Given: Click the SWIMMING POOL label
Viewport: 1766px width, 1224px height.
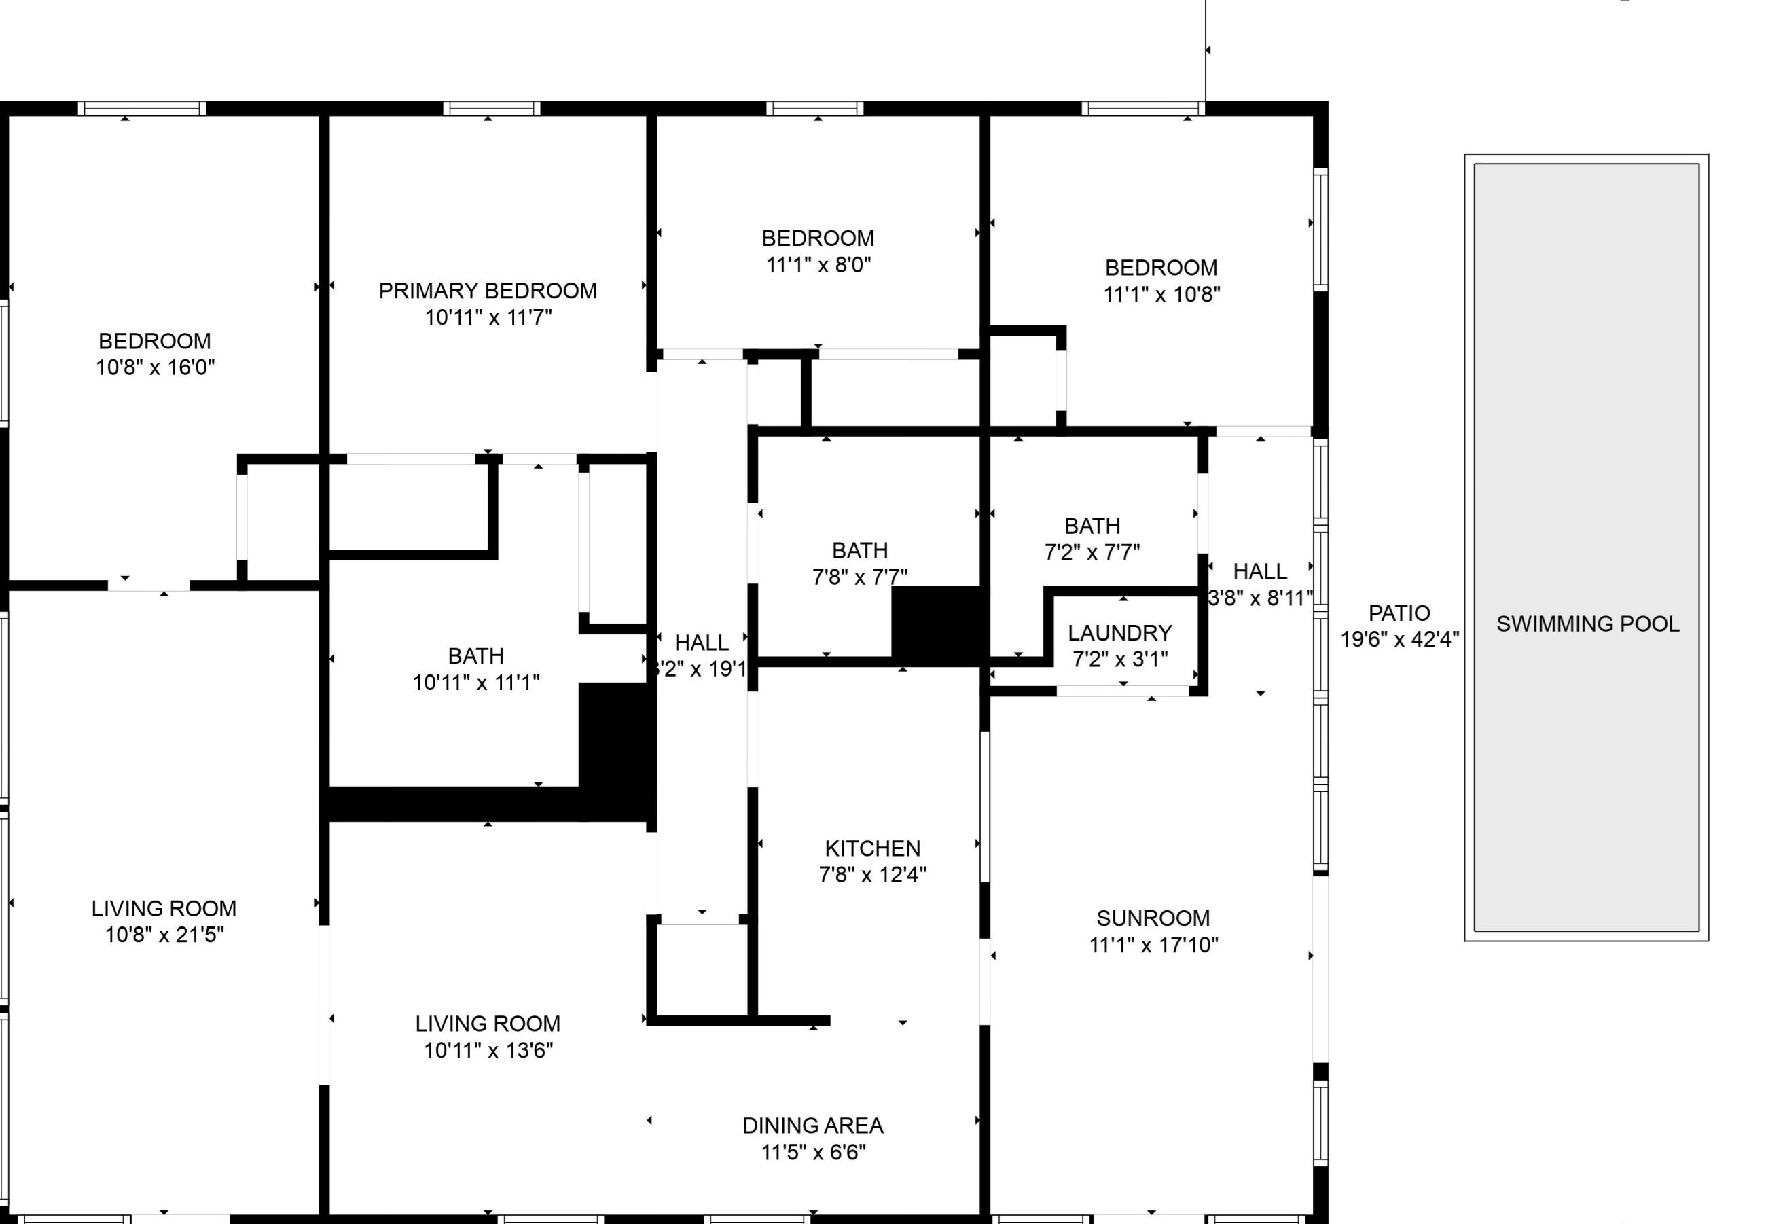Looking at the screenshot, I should [x=1587, y=624].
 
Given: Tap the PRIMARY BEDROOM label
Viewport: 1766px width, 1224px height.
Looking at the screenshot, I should [x=488, y=291].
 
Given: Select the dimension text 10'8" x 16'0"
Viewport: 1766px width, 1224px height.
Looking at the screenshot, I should [x=155, y=367].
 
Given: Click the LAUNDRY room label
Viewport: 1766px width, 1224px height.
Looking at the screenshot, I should [x=1119, y=632].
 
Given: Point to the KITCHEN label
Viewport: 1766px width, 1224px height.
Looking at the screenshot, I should [x=873, y=848].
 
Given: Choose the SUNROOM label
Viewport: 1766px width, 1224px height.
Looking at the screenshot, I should [x=1153, y=918].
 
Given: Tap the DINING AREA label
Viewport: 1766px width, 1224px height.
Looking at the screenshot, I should [x=813, y=1126].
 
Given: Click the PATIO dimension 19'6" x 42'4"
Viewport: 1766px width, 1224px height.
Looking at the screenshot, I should [x=1399, y=639].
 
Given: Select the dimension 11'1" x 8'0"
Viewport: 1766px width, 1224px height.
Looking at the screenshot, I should [x=818, y=265].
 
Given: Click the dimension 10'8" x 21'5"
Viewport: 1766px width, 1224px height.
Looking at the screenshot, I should [x=164, y=935].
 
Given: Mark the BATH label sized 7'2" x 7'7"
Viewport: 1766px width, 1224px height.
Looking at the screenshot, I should [x=1092, y=526].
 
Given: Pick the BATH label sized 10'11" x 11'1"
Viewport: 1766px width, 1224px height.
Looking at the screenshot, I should [x=475, y=655].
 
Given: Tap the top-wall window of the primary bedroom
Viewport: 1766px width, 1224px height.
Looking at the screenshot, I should [x=492, y=108].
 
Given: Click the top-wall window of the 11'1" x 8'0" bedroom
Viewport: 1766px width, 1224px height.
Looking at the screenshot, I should [x=815, y=108].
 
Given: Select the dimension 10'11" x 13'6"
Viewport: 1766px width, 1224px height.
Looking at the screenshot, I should [x=488, y=1050].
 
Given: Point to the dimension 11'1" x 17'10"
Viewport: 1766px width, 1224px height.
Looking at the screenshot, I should [x=1153, y=945].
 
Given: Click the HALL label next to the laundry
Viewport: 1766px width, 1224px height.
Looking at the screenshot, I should [x=1260, y=571].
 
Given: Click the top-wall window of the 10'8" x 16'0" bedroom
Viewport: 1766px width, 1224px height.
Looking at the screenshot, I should [x=142, y=108].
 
